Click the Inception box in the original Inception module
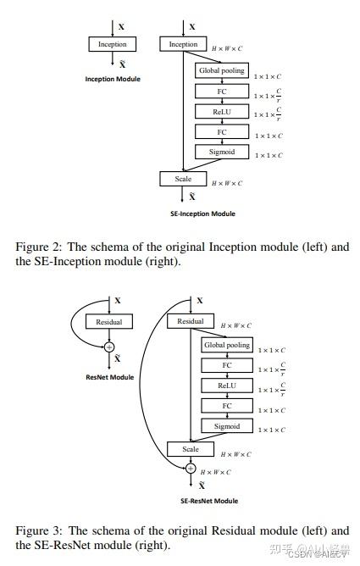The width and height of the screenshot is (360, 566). pyautogui.click(x=112, y=44)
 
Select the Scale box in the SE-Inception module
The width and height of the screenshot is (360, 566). pyautogui.click(x=183, y=179)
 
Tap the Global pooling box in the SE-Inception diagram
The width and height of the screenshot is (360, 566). pyautogui.click(x=221, y=70)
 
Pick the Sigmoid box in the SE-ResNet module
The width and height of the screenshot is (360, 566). pyautogui.click(x=226, y=426)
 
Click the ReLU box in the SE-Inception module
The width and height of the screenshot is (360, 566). pyautogui.click(x=221, y=111)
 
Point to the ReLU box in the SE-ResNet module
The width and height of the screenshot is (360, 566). pyautogui.click(x=226, y=386)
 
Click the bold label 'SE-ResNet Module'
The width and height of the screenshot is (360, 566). pyautogui.click(x=208, y=501)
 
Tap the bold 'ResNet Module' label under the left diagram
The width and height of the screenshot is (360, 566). pyautogui.click(x=108, y=375)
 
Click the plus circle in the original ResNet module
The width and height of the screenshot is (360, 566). pyautogui.click(x=108, y=346)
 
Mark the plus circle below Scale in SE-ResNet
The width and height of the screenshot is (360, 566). pyautogui.click(x=190, y=468)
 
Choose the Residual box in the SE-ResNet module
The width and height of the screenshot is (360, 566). pyautogui.click(x=190, y=322)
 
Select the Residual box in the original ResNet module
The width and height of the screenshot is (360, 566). pyautogui.click(x=108, y=322)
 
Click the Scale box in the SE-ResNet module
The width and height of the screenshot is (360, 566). pyautogui.click(x=190, y=449)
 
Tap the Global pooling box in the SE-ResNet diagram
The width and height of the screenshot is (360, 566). pyautogui.click(x=226, y=345)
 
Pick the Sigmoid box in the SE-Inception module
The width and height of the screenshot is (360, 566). pyautogui.click(x=221, y=152)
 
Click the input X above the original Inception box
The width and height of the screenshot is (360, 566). pyautogui.click(x=121, y=27)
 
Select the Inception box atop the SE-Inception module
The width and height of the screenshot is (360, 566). pyautogui.click(x=183, y=44)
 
